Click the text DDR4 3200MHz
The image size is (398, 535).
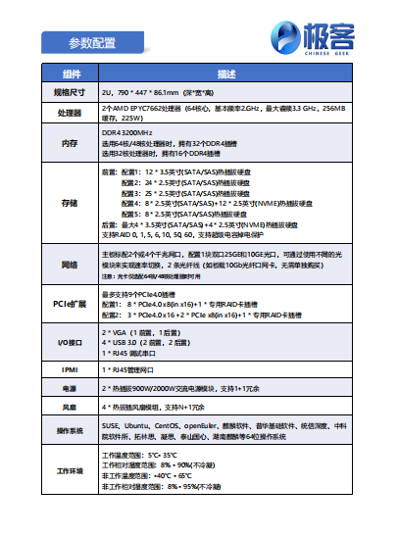127,132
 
